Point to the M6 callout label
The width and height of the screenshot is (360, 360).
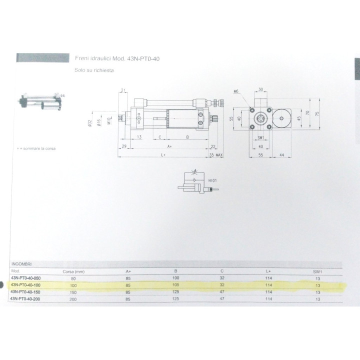(237, 91)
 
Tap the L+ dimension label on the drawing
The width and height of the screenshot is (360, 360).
(164, 156)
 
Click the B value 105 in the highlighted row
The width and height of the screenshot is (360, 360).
(175, 284)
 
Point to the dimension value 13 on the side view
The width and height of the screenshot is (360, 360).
(139, 136)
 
